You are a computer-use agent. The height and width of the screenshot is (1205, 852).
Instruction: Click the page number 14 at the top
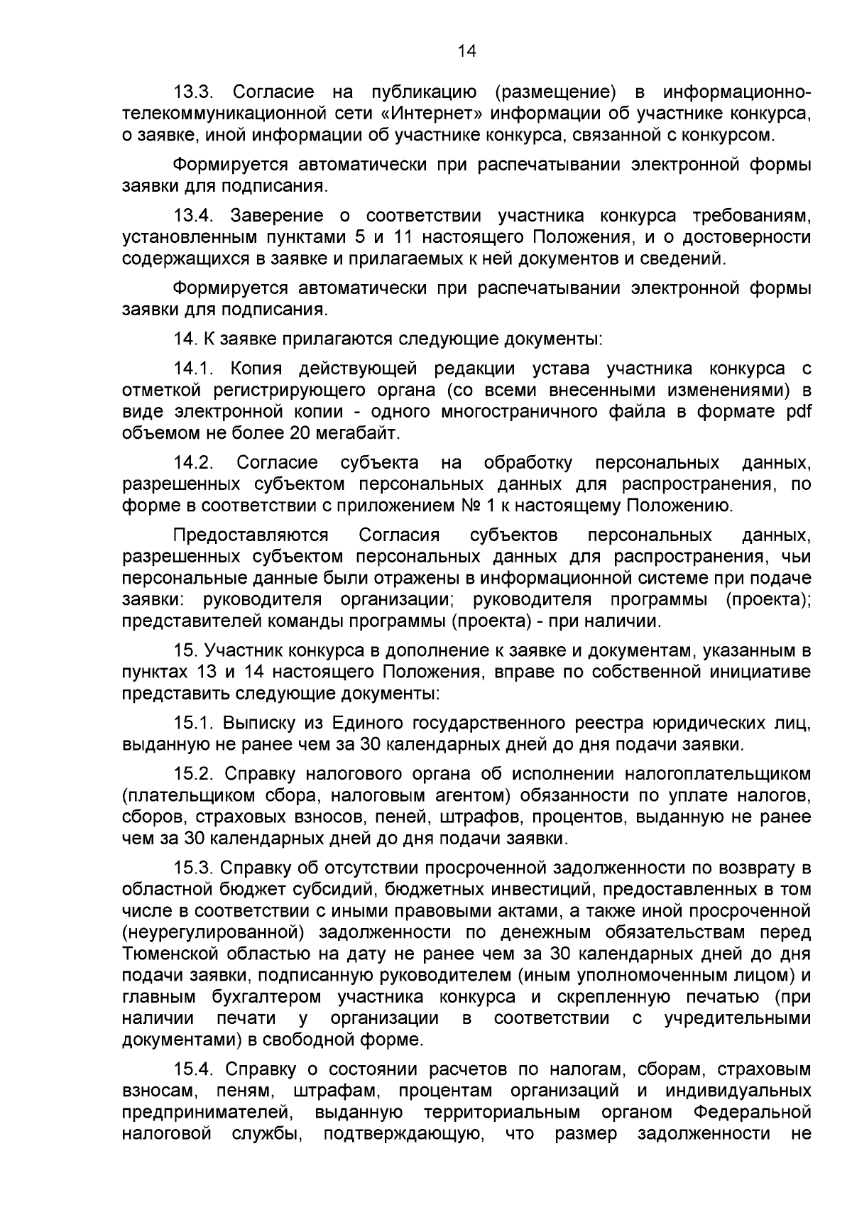point(466,51)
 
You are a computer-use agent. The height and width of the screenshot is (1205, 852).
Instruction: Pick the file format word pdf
point(798,412)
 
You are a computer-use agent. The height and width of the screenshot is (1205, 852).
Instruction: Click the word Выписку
point(256,724)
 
